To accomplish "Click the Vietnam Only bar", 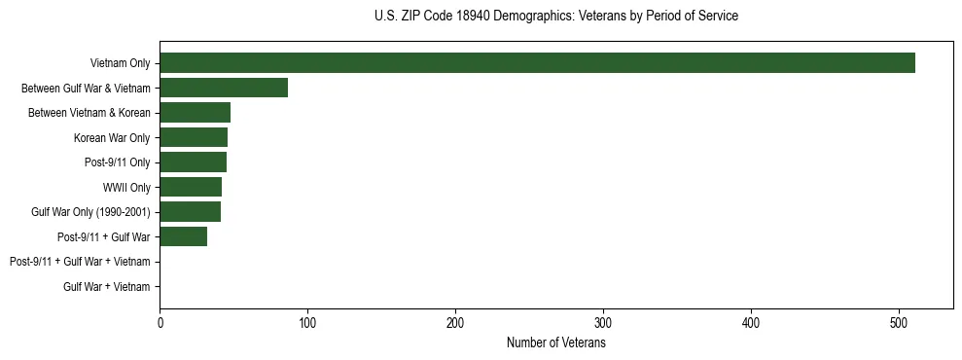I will (x=537, y=63).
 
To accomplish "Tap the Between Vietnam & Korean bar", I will (x=195, y=113).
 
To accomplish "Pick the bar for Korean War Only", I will (x=194, y=137).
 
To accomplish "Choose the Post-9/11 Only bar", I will (x=193, y=162).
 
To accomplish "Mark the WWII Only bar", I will (x=191, y=187).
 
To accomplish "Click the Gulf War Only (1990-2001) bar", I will (x=190, y=212).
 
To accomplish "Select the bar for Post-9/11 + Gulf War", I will (x=183, y=236).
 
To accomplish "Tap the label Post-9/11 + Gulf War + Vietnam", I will (x=80, y=262).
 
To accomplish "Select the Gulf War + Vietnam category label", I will (x=107, y=286).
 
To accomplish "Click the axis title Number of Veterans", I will (x=556, y=342).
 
